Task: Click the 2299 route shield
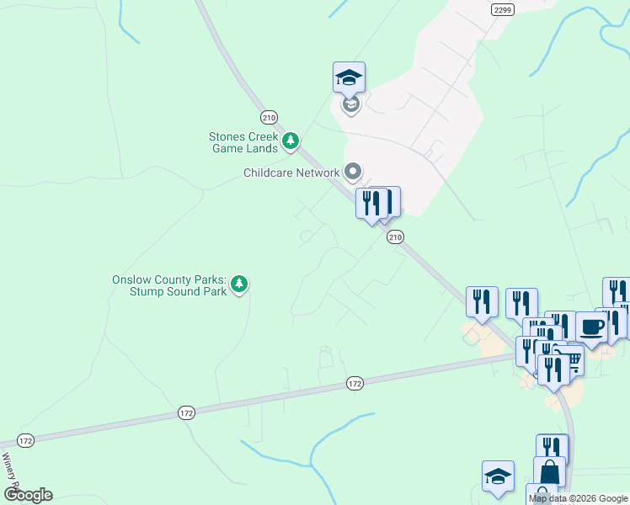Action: click(502, 9)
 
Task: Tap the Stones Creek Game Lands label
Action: click(243, 142)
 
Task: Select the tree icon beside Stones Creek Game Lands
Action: click(291, 141)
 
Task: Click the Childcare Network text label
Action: click(291, 173)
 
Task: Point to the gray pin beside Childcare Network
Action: click(353, 173)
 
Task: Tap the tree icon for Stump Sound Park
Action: click(240, 284)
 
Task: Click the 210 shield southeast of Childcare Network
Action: click(395, 238)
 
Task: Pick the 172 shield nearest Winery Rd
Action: click(26, 440)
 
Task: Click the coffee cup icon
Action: click(591, 326)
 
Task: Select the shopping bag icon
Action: click(549, 471)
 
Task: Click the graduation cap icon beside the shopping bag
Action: click(498, 476)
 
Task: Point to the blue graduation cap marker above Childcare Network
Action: click(349, 78)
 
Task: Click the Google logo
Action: click(28, 494)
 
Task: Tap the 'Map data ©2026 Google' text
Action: click(578, 498)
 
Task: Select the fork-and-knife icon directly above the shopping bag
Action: click(552, 448)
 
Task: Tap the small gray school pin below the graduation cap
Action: click(350, 105)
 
